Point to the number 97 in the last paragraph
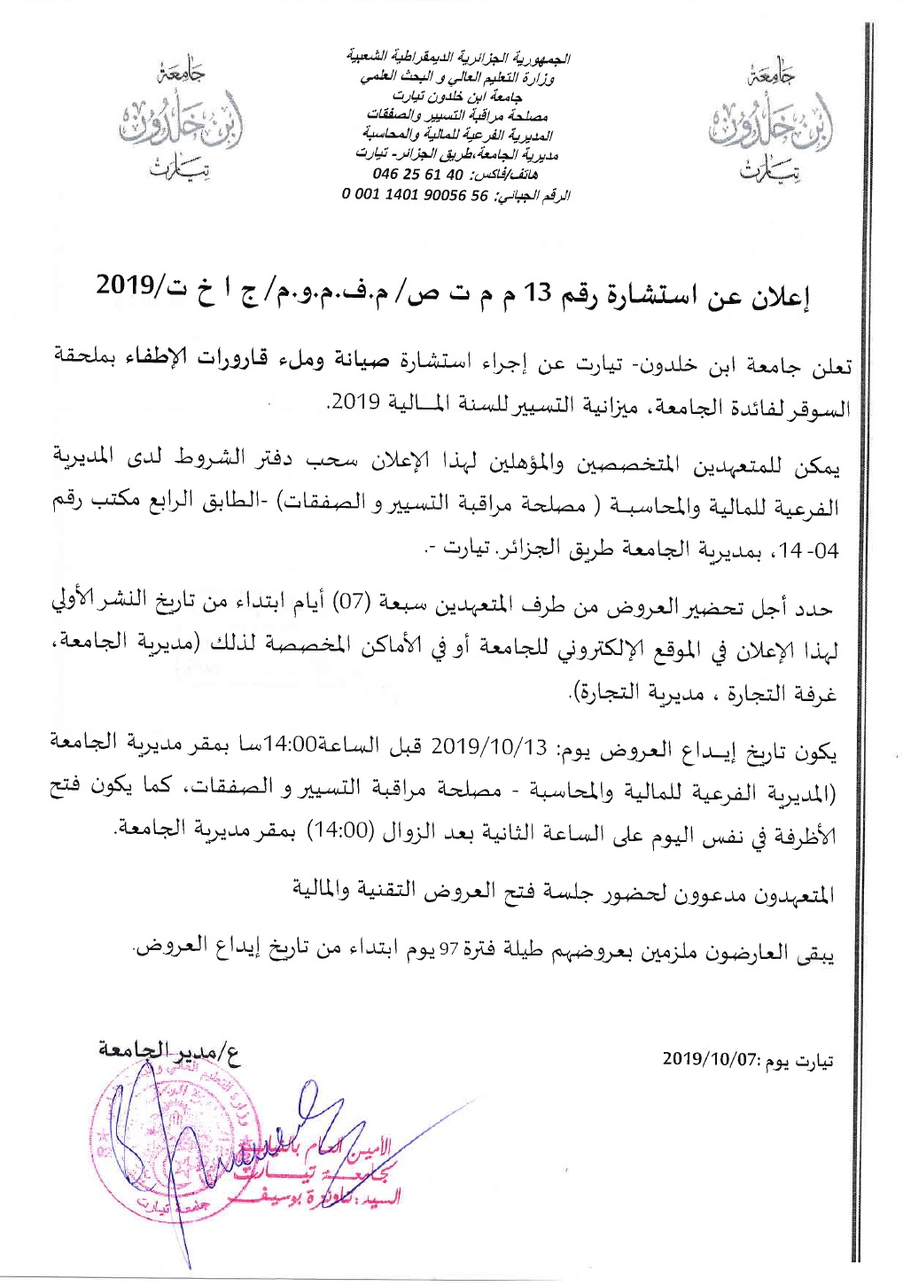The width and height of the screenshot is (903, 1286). point(449,950)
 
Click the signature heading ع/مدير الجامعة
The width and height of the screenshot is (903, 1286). point(169,1052)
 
